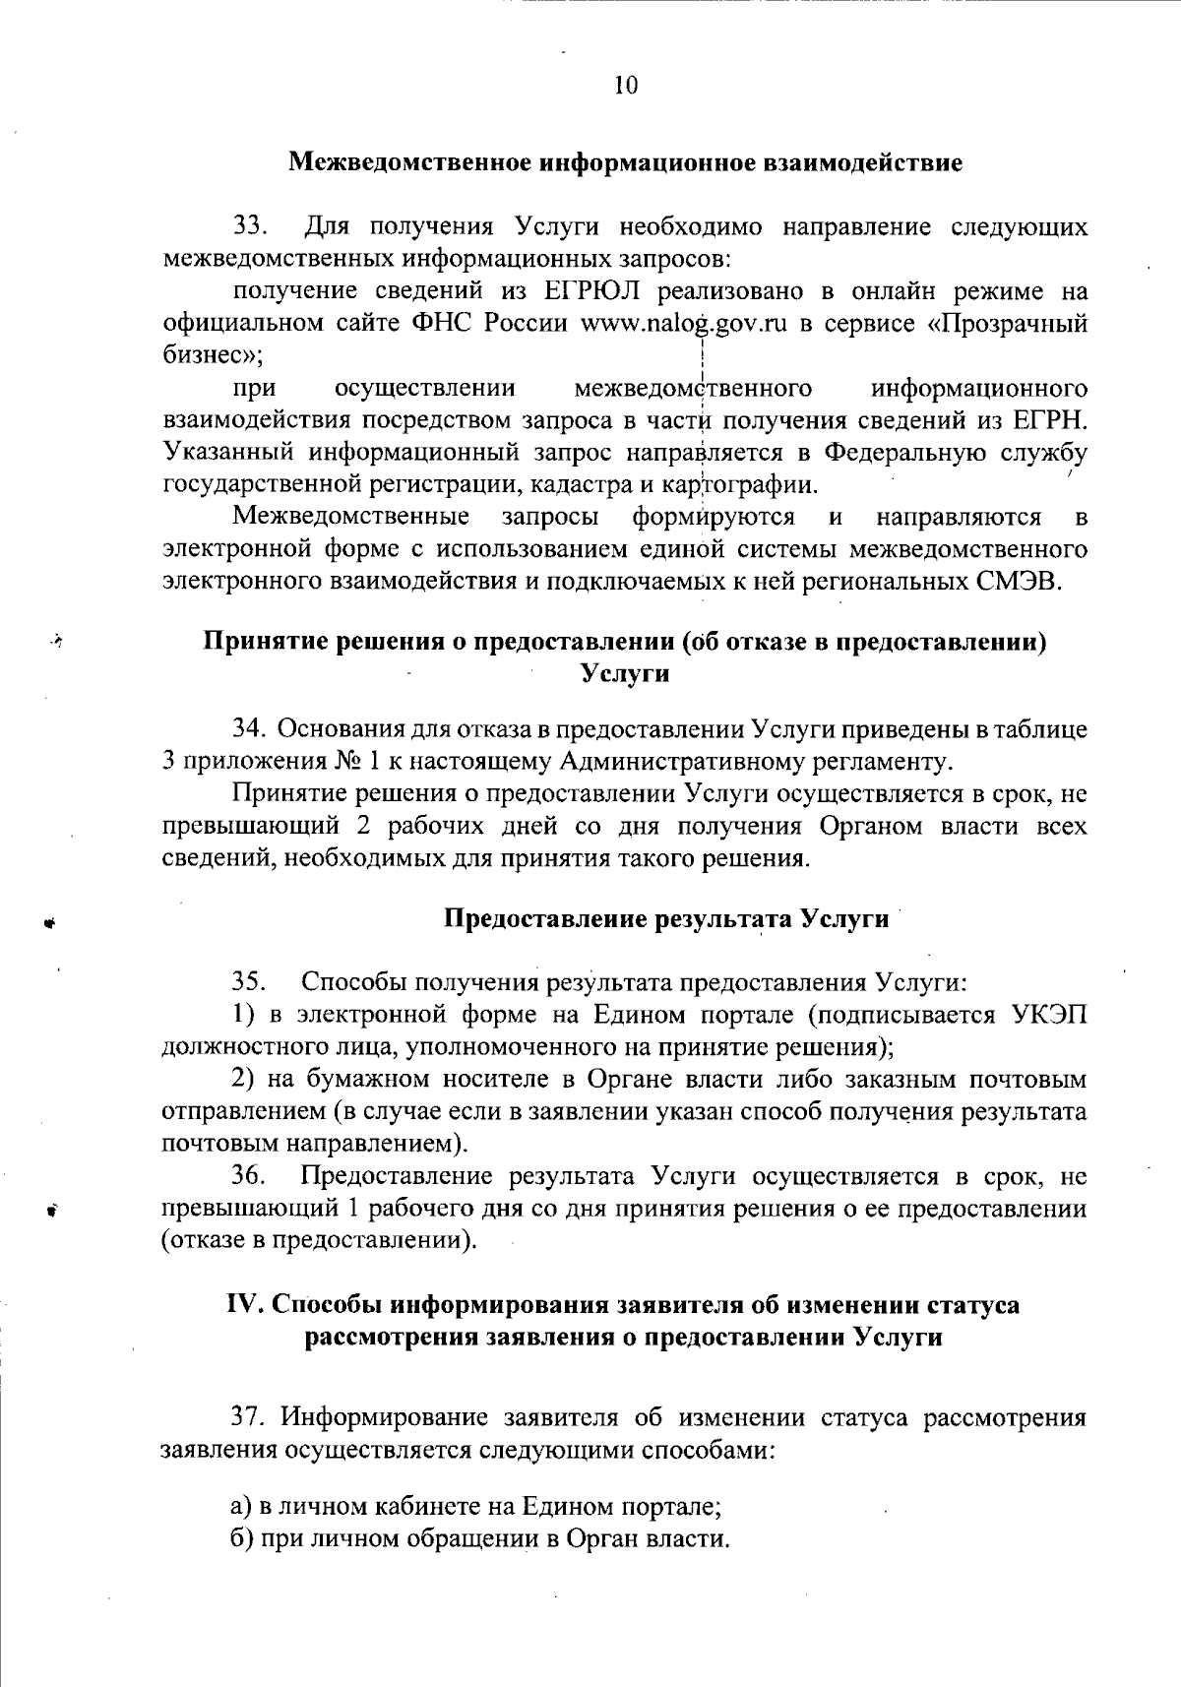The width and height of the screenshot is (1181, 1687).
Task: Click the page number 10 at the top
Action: tap(626, 86)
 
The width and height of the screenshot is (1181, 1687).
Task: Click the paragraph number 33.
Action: tap(251, 226)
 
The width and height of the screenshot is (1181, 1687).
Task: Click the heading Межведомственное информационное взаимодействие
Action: tap(625, 162)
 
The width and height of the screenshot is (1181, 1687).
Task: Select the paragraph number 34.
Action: tap(249, 729)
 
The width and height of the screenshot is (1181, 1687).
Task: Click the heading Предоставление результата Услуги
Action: tap(666, 919)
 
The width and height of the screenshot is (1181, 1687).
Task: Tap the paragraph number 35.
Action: tap(249, 982)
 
